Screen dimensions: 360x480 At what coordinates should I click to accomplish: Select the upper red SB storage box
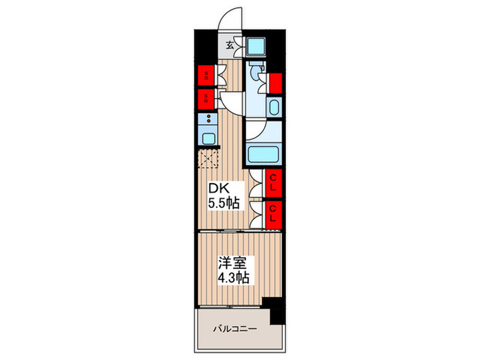coord(205,76)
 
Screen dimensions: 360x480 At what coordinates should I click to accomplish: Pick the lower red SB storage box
coord(205,99)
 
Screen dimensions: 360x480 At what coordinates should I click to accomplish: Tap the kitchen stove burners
coord(208,120)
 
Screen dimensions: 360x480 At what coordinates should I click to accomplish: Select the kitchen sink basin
coord(208,139)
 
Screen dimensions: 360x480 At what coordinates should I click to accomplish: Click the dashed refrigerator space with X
coord(208,160)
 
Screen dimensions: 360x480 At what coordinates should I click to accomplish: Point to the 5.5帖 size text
coord(224,204)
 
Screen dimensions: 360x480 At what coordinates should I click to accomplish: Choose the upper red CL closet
coord(273,183)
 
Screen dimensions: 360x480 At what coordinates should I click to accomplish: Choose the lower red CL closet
coord(273,214)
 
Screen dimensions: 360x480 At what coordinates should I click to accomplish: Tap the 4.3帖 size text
coord(234,278)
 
